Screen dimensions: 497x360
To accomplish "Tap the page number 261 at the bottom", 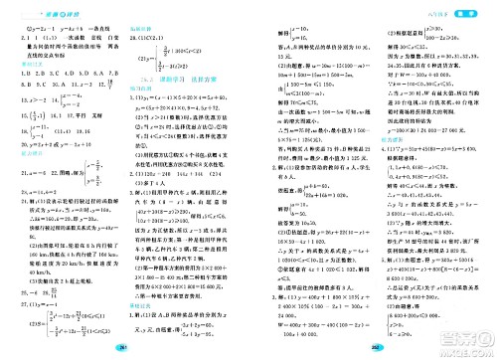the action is point(146,347).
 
